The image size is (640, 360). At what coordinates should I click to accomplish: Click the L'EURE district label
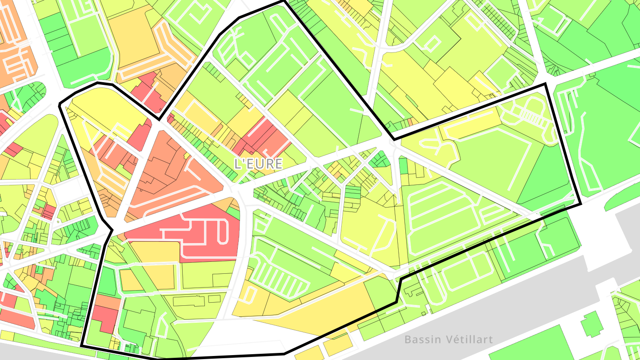(x=258, y=164)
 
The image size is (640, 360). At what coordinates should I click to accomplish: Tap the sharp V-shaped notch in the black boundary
(x=159, y=119)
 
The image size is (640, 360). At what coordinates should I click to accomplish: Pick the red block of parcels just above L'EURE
(x=262, y=136)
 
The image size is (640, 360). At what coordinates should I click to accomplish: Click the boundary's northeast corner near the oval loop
(x=545, y=84)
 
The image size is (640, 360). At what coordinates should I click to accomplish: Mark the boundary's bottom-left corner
(x=82, y=345)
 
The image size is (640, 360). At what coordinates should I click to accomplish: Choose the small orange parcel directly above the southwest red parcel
(x=108, y=302)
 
